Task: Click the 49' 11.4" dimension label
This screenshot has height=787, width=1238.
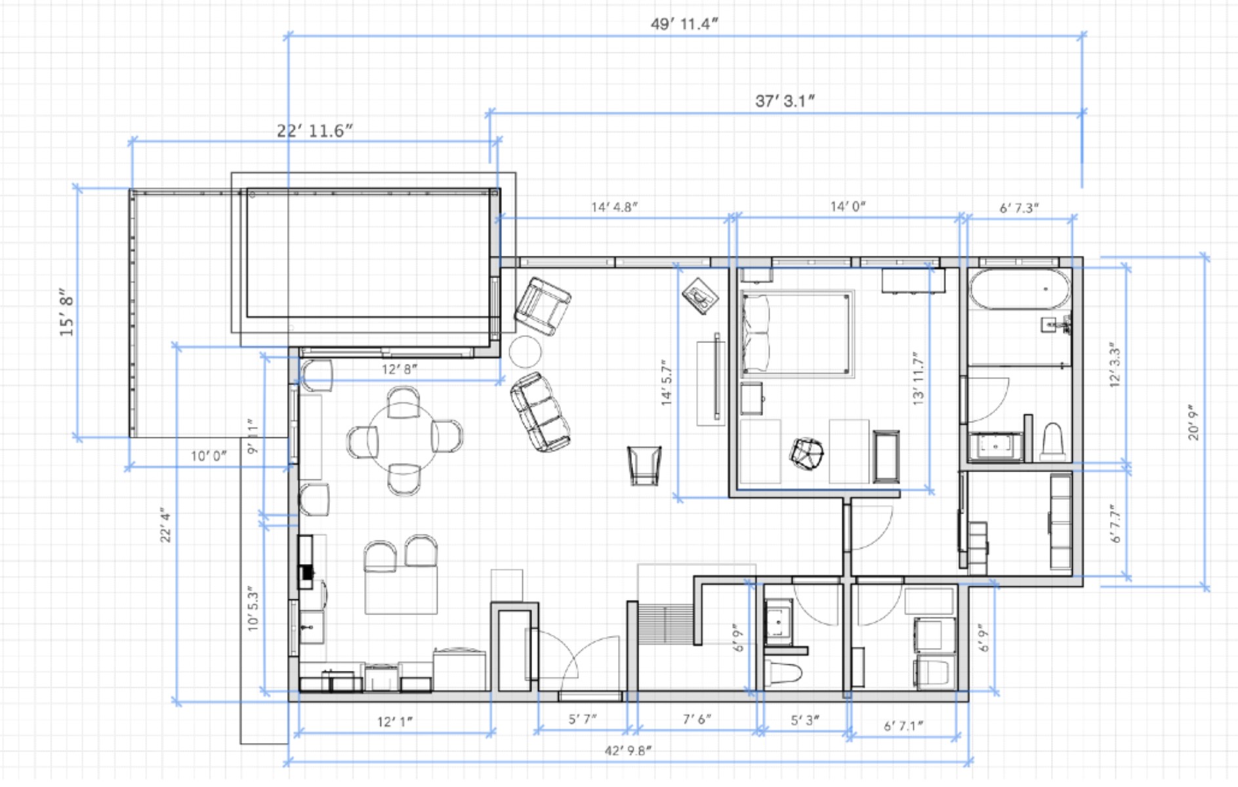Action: point(684,24)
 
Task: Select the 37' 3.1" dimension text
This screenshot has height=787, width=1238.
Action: point(785,101)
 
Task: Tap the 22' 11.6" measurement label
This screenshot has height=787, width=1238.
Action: point(315,131)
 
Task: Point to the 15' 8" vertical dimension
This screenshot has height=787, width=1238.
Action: point(66,313)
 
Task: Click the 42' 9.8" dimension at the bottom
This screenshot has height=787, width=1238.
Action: point(628,750)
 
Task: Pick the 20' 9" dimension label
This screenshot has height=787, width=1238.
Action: point(1193,422)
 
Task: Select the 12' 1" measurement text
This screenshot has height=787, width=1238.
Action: point(395,721)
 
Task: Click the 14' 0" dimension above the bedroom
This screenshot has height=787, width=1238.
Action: point(848,207)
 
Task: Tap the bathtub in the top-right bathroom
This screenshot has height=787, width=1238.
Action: point(1020,289)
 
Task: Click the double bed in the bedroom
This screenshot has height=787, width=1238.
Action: point(798,334)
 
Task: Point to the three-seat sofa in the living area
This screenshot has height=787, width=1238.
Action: point(540,413)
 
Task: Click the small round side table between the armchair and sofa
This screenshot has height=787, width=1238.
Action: point(526,352)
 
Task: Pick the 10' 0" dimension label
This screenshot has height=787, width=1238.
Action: point(209,456)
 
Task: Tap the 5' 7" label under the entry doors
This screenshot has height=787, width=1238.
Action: point(583,719)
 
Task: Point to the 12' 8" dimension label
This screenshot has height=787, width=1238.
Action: point(400,369)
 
